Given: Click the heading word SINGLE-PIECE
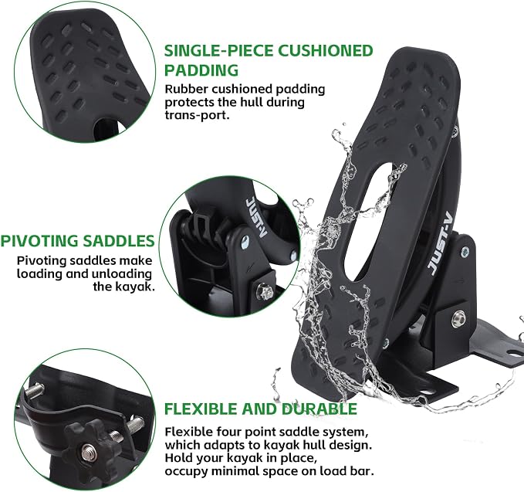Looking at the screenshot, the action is click(218, 51).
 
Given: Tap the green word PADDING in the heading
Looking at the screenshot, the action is click(201, 70).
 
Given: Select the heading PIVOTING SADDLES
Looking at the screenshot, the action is click(77, 241).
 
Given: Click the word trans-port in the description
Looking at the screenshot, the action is click(197, 115).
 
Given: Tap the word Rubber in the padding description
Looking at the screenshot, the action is click(187, 89).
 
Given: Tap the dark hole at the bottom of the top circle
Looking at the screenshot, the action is click(106, 129).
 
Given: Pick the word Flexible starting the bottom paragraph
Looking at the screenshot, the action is click(188, 432).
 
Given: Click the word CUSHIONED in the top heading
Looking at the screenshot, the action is click(326, 51).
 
